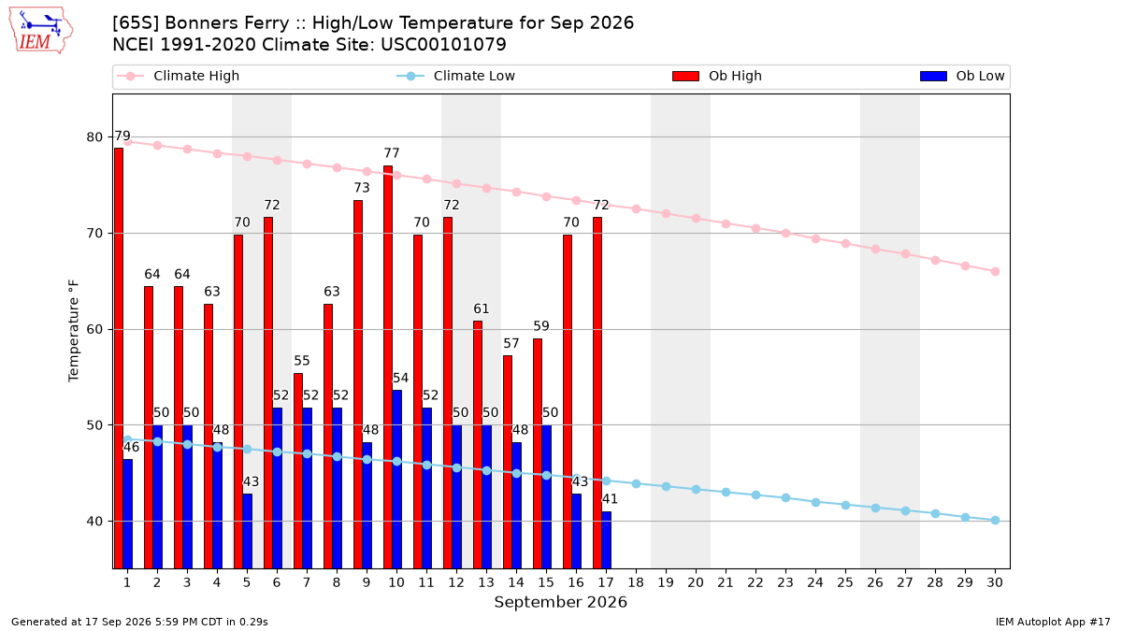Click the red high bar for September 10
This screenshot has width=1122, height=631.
click(388, 367)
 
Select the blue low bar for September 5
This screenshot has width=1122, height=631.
click(248, 531)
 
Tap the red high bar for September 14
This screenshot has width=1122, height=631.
click(508, 462)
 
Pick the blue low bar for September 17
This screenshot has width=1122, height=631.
click(607, 540)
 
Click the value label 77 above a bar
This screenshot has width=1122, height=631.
click(392, 153)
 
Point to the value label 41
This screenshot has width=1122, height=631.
click(610, 499)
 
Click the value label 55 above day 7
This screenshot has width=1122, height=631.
click(301, 361)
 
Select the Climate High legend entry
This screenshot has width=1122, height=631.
click(179, 76)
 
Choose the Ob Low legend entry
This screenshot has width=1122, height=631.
click(962, 76)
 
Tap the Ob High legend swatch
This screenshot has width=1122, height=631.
click(685, 76)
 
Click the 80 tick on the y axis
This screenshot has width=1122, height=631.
click(94, 137)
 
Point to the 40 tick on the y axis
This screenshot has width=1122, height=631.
click(94, 522)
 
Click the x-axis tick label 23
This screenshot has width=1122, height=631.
click(785, 582)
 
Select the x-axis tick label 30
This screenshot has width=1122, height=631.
click(995, 582)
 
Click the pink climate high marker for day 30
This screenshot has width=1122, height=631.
click(995, 271)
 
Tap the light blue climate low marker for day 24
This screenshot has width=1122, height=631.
click(815, 502)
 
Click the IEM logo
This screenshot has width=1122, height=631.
click(41, 31)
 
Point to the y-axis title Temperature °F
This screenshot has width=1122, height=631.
click(74, 331)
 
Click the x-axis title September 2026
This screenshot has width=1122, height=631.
click(560, 602)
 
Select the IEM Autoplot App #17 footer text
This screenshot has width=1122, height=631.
click(1053, 622)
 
